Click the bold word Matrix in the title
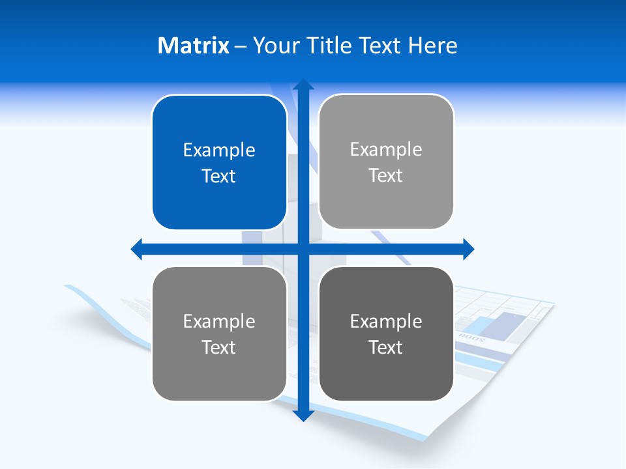[x=194, y=46]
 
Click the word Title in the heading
[x=330, y=46]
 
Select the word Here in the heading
[x=433, y=46]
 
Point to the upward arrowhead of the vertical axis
[x=303, y=85]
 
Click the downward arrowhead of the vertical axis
[x=303, y=415]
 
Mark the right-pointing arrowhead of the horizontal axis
[x=468, y=249]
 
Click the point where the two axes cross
[x=303, y=249]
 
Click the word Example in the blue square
[x=219, y=150]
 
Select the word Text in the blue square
[x=219, y=176]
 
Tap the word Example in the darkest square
[x=386, y=321]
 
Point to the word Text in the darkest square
[x=386, y=347]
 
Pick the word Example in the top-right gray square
[x=386, y=150]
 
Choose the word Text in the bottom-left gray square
[x=219, y=347]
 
